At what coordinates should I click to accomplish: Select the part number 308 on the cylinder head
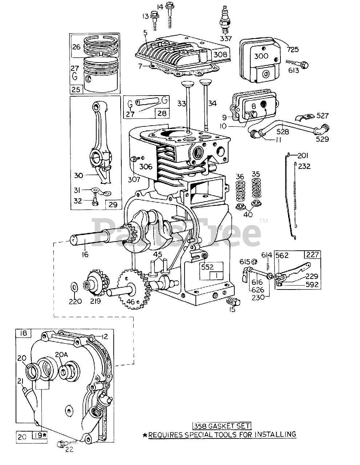(x=220, y=54)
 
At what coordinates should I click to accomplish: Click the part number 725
(x=293, y=49)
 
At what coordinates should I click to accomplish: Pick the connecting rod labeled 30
(x=99, y=145)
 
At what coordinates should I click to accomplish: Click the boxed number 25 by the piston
(x=76, y=89)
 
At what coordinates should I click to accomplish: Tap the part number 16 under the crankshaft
(x=85, y=254)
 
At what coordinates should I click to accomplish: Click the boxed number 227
(x=314, y=255)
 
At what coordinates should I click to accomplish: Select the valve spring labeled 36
(x=240, y=191)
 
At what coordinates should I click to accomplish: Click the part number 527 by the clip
(x=323, y=116)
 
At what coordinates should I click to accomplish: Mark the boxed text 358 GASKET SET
(x=222, y=426)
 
